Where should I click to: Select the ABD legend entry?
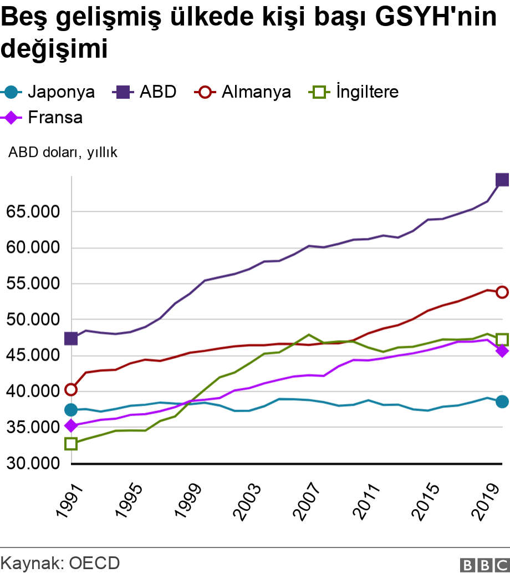[x=145, y=92]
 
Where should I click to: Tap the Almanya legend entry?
[x=243, y=92]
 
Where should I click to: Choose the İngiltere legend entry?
[x=354, y=92]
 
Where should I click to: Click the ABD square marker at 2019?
[x=502, y=180]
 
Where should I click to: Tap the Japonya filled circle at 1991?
[x=70, y=410]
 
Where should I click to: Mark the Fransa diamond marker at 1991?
[x=70, y=425]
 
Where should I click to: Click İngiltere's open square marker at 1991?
[x=70, y=444]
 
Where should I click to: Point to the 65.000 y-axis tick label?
[x=33, y=212]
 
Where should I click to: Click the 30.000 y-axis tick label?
[x=33, y=463]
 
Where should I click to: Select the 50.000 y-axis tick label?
[x=33, y=320]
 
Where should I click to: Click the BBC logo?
[x=484, y=565]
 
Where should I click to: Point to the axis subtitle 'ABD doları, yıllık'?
[x=63, y=153]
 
